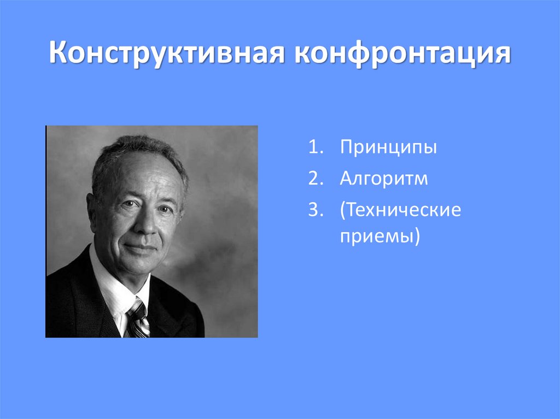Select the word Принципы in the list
[388, 148]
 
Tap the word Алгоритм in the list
[383, 179]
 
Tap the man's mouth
[141, 247]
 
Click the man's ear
[92, 208]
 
